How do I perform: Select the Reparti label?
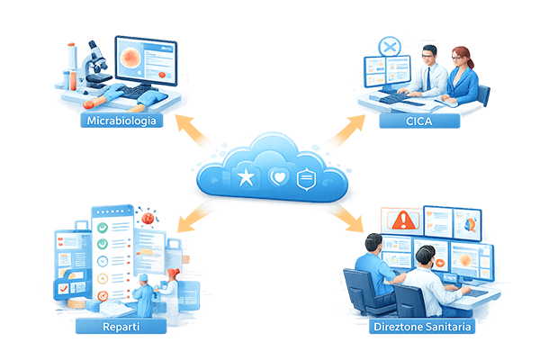(x=119, y=324)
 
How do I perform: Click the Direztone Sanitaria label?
(x=421, y=325)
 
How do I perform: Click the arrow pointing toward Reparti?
(x=187, y=213)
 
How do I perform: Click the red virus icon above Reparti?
(x=147, y=218)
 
